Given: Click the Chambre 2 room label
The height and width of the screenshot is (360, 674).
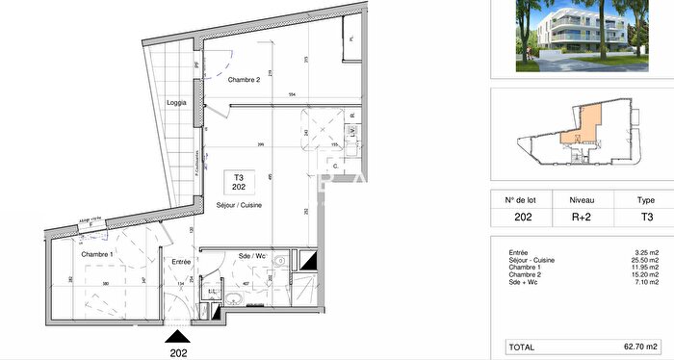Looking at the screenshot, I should pyautogui.click(x=244, y=80).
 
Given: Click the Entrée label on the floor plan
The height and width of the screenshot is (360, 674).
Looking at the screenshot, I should pyautogui.click(x=181, y=261).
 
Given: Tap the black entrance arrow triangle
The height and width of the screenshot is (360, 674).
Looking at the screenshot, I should pyautogui.click(x=179, y=336).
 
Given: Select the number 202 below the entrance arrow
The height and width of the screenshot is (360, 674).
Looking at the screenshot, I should pyautogui.click(x=179, y=351).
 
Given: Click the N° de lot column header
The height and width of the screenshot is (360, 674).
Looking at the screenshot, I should pyautogui.click(x=521, y=202).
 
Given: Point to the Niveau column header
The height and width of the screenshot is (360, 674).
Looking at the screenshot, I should pyautogui.click(x=582, y=202).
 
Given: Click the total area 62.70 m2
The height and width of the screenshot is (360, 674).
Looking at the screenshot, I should pyautogui.click(x=637, y=346).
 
